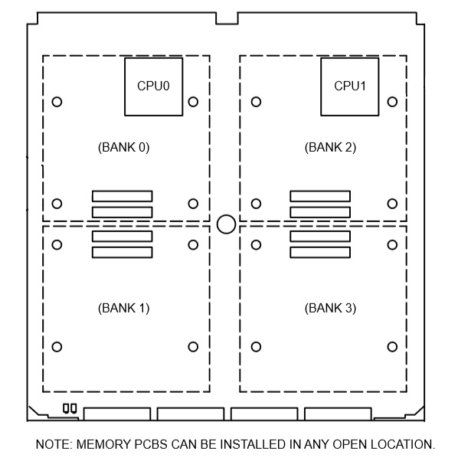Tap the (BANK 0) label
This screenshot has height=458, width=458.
124,147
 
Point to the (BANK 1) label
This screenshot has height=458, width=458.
124,308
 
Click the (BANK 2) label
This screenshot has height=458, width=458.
330,147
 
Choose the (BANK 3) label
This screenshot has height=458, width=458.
330,308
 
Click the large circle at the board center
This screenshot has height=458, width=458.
227,215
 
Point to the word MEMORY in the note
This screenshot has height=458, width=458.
103,444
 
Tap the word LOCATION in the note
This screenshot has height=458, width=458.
403,444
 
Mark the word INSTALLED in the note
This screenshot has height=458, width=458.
254,444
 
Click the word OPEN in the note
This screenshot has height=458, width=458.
350,444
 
